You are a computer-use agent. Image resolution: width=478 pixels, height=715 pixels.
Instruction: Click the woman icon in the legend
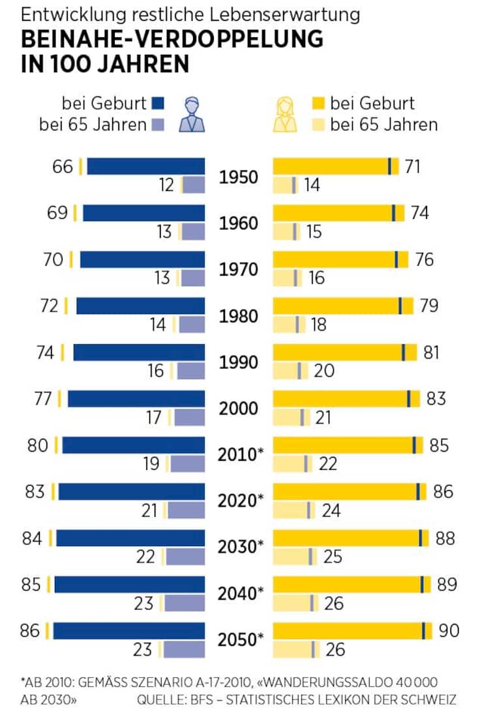pos(284,115)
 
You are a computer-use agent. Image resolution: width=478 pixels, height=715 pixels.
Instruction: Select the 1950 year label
pos(238,177)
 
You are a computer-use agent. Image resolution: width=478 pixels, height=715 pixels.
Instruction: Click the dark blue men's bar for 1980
pos(140,306)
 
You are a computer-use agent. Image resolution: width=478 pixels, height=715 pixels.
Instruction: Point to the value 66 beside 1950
pos(63,167)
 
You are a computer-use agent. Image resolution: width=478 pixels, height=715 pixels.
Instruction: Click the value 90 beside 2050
pos(449,630)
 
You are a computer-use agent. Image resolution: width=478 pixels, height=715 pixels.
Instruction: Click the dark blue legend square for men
pos(158,103)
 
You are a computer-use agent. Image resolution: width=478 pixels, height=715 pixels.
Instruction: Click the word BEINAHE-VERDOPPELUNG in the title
pos(172,40)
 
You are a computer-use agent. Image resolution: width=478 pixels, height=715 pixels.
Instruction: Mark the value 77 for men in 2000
pos(42,399)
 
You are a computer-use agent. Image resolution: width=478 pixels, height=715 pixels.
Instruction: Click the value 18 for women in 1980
pos(318,324)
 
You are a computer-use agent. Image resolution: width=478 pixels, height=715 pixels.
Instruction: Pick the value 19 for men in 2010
pos(151,464)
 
